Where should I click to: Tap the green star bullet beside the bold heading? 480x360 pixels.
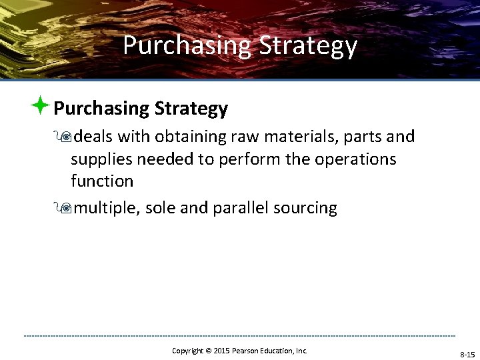[x=41, y=105]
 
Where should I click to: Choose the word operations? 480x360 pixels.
[x=355, y=159]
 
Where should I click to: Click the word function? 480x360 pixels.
[x=102, y=181]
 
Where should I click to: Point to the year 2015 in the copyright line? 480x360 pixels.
[x=221, y=351]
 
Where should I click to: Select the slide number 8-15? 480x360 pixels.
[x=467, y=355]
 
